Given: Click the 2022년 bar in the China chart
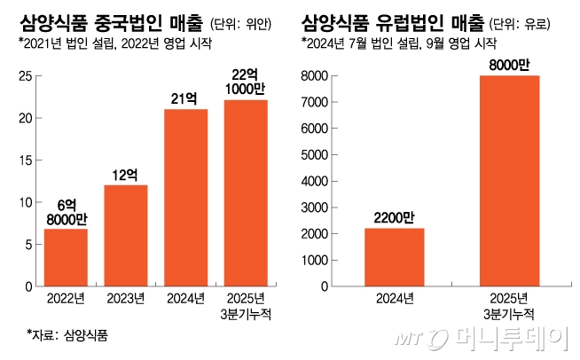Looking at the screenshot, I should [66, 258].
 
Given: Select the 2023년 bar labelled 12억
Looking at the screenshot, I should [126, 236].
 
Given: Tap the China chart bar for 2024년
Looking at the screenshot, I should [186, 198].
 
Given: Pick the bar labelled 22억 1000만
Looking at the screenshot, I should [247, 193].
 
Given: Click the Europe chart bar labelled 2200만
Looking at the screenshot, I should [394, 258].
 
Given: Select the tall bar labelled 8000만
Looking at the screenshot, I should [509, 181].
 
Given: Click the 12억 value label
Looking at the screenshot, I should [126, 174].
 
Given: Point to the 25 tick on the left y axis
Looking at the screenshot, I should [27, 76].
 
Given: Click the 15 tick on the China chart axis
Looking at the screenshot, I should [27, 160].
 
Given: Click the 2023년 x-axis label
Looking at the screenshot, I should [126, 299].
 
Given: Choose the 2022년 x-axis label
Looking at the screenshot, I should [66, 299].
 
